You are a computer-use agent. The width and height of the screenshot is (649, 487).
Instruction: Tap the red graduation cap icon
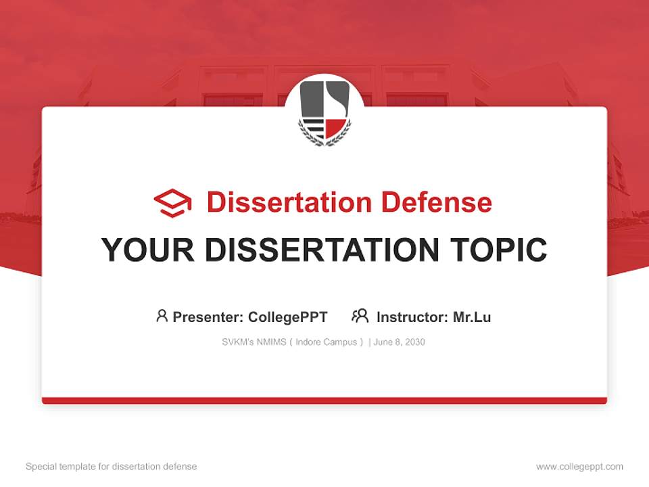coord(172,203)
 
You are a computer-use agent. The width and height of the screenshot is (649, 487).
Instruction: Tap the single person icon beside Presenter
coord(162,316)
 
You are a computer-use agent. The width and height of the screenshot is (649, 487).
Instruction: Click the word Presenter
coord(207,317)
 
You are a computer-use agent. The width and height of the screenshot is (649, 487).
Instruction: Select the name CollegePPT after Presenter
coord(288,317)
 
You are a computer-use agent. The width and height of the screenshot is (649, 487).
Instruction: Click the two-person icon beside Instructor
coord(360,316)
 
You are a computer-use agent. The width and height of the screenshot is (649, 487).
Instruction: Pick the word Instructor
coord(411,317)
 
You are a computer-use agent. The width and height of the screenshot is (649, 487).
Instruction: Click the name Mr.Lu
coord(472,317)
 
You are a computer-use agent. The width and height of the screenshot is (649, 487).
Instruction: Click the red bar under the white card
coord(324,400)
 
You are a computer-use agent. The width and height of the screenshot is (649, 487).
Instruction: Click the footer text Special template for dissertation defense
coord(112,467)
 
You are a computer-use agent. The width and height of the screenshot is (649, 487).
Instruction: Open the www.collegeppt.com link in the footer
coord(579,467)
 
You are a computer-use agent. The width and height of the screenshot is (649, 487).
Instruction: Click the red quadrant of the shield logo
coord(335,126)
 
